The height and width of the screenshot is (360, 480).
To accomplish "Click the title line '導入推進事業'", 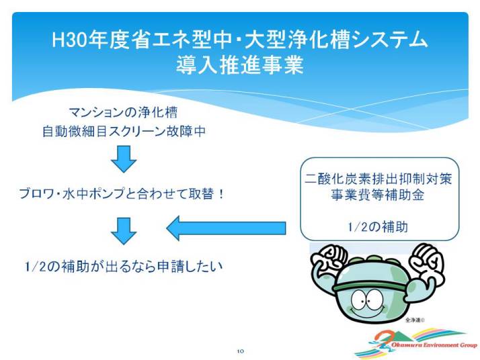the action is click(x=240, y=64).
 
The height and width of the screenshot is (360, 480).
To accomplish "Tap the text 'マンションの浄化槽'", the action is click(x=123, y=113).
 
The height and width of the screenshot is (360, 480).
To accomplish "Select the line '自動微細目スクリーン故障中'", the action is click(x=124, y=131).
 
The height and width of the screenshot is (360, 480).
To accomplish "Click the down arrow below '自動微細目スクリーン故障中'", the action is click(x=124, y=159).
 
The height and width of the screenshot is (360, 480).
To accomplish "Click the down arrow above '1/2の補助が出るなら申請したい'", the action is click(x=124, y=231).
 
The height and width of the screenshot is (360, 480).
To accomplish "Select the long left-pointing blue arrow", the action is click(x=226, y=228).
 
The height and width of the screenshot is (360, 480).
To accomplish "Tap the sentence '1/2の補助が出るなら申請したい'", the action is click(x=124, y=266).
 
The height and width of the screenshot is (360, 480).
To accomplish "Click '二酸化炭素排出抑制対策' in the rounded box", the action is click(x=378, y=179).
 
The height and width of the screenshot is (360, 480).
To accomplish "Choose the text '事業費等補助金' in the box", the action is click(x=378, y=195).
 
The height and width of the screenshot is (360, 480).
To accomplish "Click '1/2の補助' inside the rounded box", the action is click(x=378, y=226).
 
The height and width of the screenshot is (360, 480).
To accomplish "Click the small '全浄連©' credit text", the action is click(x=415, y=320).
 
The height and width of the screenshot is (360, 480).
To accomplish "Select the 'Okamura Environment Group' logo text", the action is click(x=434, y=345).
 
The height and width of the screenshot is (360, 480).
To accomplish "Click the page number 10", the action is click(x=240, y=351).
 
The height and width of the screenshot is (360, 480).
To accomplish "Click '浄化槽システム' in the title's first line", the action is click(x=357, y=40).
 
